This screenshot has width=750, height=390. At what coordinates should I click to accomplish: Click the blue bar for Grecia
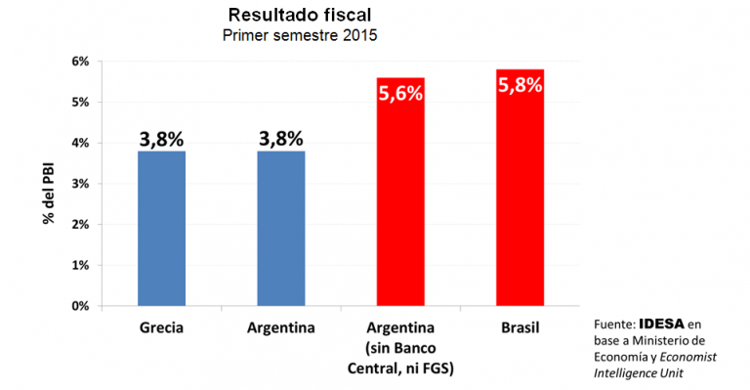pos(161,229)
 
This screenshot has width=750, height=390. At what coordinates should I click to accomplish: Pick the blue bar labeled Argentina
pos(281,229)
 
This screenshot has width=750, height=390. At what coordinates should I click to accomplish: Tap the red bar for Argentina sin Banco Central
pos(400,195)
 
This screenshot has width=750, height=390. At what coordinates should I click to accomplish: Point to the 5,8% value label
pos(520,84)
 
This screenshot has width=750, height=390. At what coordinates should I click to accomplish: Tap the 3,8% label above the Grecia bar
pos(161,139)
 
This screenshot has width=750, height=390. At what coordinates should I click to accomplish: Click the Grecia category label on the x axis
pos(161,325)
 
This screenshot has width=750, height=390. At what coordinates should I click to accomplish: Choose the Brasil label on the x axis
pos(520,325)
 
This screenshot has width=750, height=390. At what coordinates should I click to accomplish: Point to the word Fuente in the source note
pos(613,324)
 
